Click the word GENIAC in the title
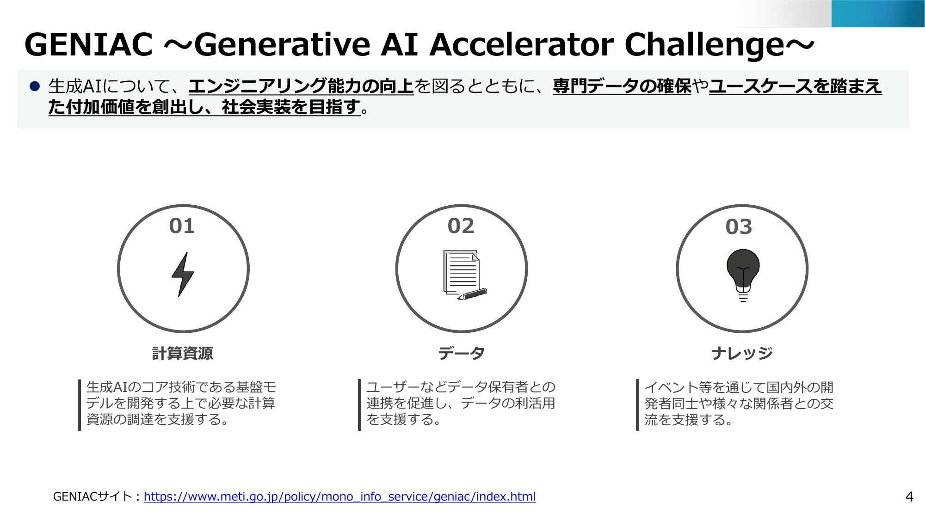pyautogui.click(x=89, y=45)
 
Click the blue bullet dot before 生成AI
pyautogui.click(x=35, y=86)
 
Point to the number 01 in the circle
pyautogui.click(x=182, y=226)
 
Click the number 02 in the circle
pyautogui.click(x=461, y=226)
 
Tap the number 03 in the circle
pyautogui.click(x=739, y=226)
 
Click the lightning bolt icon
pyautogui.click(x=183, y=274)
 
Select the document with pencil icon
pyautogui.click(x=464, y=275)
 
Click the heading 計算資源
pyautogui.click(x=183, y=353)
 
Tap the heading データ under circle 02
pyautogui.click(x=461, y=353)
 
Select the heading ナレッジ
pyautogui.click(x=742, y=353)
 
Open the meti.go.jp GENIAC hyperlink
pyautogui.click(x=340, y=496)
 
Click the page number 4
pyautogui.click(x=909, y=497)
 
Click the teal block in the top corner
pyautogui.click(x=878, y=13)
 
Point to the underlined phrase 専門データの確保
pyautogui.click(x=622, y=86)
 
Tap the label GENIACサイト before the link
pyautogui.click(x=93, y=496)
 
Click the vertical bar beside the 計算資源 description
pyautogui.click(x=80, y=405)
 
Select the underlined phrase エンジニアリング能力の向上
pyautogui.click(x=301, y=86)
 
